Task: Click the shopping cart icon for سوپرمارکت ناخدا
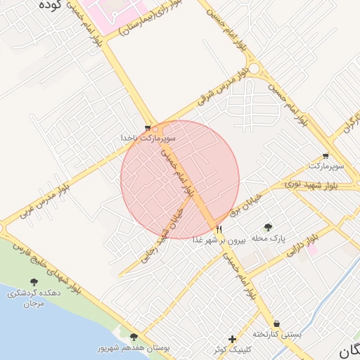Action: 147,129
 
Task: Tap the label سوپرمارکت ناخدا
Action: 147,139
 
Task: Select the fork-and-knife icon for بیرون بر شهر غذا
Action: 219,230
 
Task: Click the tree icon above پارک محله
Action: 268,226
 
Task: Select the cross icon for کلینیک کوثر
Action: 233,339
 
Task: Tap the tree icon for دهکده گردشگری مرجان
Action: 33,283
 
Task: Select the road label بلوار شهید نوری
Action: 310,184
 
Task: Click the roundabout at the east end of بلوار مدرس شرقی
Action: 254,70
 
